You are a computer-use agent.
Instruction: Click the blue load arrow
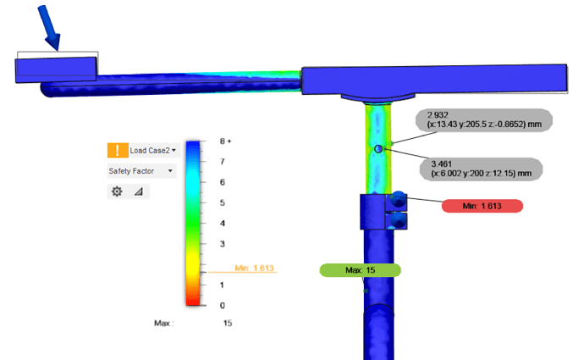[49, 28]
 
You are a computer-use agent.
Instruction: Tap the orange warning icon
[118, 150]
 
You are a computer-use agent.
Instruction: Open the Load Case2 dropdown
[152, 151]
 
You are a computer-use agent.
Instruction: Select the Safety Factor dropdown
[141, 171]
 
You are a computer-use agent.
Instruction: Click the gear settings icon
[117, 191]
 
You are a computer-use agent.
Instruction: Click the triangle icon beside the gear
[139, 191]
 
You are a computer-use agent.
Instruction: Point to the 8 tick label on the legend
[223, 141]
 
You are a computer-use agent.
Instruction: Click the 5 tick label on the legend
[223, 202]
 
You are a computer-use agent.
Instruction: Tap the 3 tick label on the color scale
[223, 244]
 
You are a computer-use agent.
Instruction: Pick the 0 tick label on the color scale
[223, 306]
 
